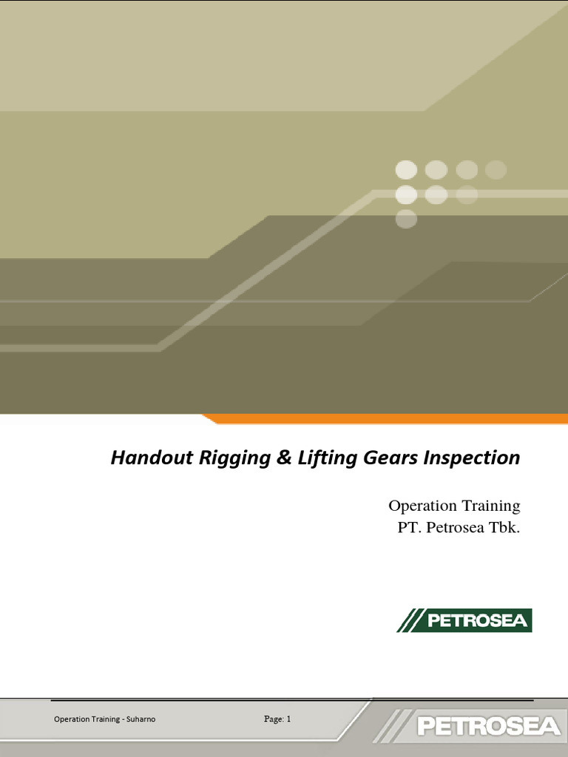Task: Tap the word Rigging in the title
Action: click(219, 458)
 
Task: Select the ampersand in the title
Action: click(266, 458)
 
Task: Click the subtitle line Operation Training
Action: click(454, 506)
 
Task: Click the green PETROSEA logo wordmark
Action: click(477, 620)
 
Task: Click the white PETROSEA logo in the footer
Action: click(488, 725)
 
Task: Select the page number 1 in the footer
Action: click(289, 719)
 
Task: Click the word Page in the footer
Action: click(273, 719)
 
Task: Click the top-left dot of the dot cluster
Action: click(406, 170)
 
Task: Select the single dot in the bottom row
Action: click(406, 219)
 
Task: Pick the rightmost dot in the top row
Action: click(496, 170)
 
